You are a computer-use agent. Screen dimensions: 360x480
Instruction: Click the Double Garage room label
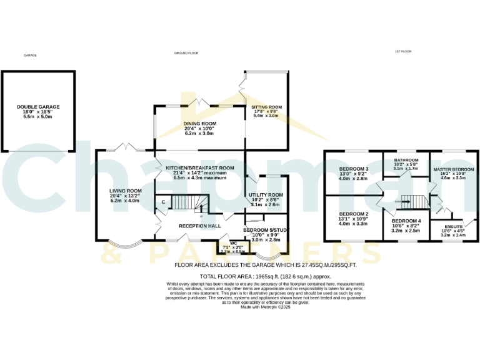point(39,107)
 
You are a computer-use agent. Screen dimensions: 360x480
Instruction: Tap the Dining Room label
point(199,124)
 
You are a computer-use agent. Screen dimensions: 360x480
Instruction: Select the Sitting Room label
point(262,107)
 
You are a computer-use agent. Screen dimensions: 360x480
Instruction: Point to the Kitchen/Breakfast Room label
point(199,168)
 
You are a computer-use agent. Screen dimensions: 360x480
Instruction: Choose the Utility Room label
point(266,195)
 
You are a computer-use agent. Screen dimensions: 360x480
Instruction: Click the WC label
point(234,242)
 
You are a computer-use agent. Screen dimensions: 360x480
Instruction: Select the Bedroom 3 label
point(354,169)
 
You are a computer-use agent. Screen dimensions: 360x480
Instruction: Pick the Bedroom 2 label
point(354,214)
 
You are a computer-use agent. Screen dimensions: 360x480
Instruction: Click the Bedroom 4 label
point(406,222)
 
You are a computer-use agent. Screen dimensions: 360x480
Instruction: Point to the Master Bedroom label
point(454,169)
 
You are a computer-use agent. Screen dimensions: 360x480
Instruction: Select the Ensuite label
point(454,227)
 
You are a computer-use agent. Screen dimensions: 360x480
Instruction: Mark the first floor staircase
point(413,201)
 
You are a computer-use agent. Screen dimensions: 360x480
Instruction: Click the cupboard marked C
point(163,202)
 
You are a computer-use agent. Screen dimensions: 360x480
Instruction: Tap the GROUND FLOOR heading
point(186,53)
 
